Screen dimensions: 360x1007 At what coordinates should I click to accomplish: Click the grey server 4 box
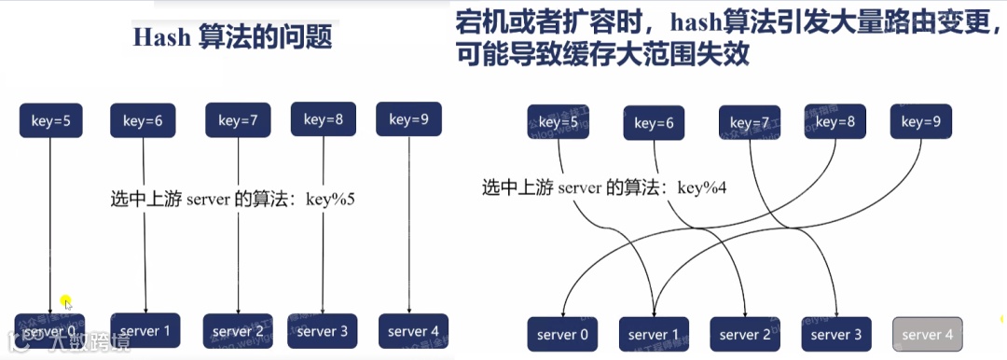coord(928,335)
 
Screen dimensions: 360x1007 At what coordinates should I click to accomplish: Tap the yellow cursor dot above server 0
coord(66,302)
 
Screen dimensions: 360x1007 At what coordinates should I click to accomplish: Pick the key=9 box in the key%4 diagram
coord(921,121)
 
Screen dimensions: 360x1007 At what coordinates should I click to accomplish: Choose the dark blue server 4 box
coord(413,331)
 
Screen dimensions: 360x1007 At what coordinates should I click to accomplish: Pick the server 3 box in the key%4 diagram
coord(836,335)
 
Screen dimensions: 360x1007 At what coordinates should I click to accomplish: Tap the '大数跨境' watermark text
coord(80,344)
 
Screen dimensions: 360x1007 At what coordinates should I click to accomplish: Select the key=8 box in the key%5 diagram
coord(323,119)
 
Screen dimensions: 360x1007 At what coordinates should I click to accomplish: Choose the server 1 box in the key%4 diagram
coord(654,335)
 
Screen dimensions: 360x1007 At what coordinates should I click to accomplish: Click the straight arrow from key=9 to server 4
coord(411,224)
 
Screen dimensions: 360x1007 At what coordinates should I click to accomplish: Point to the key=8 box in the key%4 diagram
coord(832,121)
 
